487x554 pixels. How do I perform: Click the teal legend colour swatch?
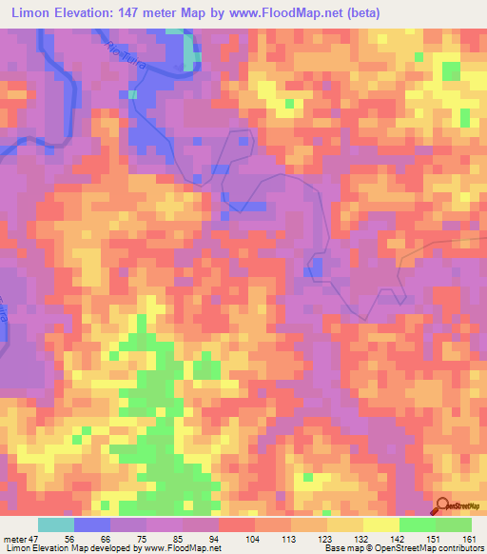coord(56,524)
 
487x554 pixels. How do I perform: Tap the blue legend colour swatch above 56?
coord(92,524)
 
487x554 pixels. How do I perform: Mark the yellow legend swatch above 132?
coord(345,524)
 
